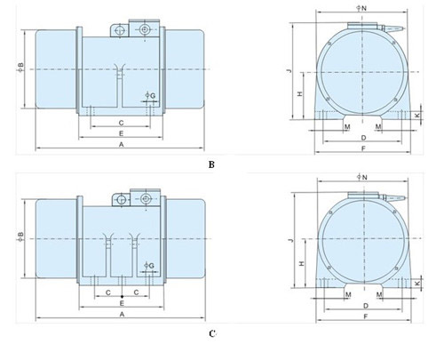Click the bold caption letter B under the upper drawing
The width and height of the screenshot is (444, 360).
click(211, 164)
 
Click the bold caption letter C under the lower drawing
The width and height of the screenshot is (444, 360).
click(212, 334)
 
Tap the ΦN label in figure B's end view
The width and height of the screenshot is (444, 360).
click(361, 8)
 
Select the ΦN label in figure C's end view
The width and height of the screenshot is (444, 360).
click(362, 177)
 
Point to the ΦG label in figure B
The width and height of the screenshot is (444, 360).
click(150, 95)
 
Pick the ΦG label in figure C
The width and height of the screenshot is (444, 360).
click(149, 266)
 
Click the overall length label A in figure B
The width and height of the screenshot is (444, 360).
click(121, 145)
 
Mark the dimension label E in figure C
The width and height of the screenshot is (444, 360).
click(122, 303)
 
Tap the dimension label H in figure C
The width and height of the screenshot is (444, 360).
click(302, 263)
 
